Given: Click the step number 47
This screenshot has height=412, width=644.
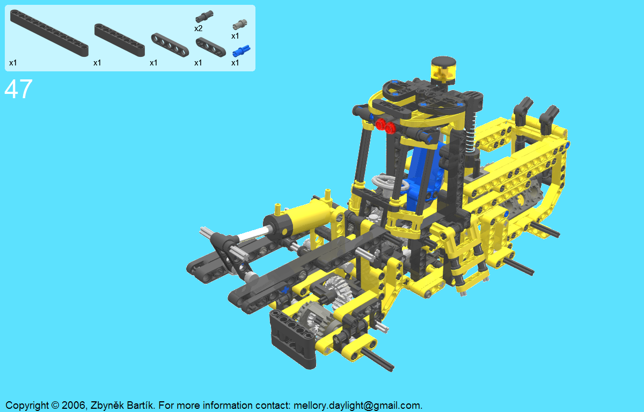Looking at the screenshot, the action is [18, 89].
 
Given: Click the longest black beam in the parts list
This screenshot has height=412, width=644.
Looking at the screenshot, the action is [49, 33].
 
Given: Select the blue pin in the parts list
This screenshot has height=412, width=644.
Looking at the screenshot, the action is [241, 51].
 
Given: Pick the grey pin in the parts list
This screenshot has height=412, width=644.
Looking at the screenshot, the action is [240, 25].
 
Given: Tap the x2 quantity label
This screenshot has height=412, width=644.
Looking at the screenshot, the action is [199, 28].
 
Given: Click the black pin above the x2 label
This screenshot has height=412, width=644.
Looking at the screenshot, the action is [204, 17].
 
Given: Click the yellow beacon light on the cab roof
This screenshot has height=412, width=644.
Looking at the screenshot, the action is [443, 70].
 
